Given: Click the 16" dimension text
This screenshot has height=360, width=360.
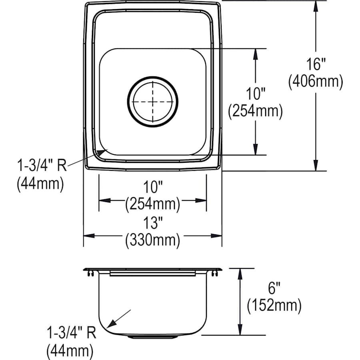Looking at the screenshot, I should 316,64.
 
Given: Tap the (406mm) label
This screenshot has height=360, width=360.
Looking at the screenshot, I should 316,82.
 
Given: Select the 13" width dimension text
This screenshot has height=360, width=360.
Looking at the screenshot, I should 152,222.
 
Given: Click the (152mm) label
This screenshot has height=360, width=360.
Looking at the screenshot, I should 274,306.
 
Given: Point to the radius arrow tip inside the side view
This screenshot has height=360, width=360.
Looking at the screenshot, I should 109,325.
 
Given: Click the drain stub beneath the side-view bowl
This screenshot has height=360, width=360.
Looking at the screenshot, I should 152,337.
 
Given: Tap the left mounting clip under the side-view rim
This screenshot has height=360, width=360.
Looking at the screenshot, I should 90,273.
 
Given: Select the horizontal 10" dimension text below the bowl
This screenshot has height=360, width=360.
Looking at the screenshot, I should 152,187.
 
